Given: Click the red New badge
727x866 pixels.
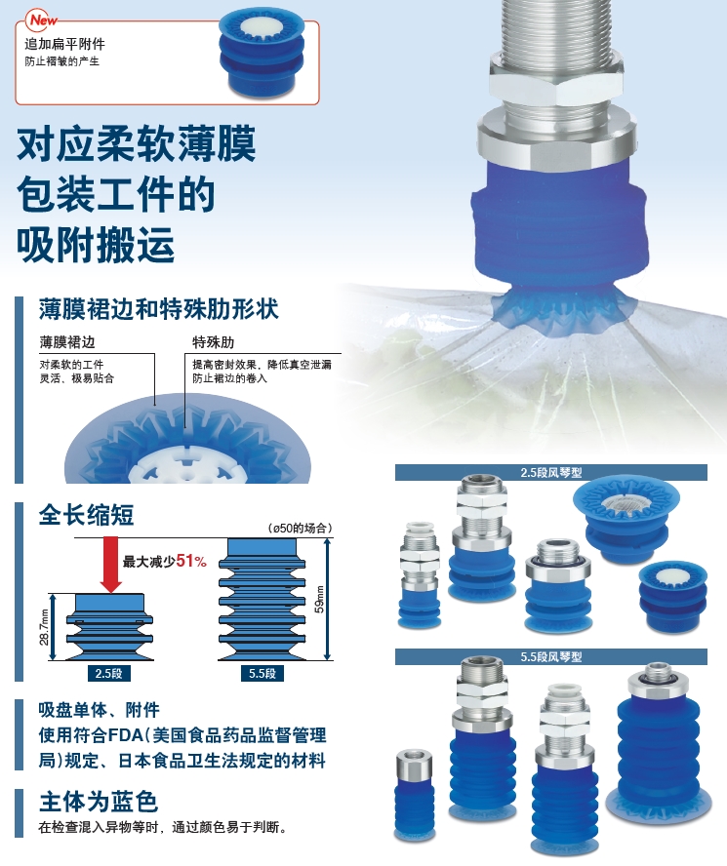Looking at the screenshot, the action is (43, 20).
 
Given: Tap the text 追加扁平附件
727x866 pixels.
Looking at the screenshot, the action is (64, 44).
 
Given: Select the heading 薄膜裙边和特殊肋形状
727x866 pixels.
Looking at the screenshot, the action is (159, 309).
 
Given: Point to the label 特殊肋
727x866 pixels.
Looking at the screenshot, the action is (213, 342).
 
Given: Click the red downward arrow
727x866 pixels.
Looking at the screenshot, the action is (111, 565).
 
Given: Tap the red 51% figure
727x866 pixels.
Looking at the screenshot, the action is (191, 561).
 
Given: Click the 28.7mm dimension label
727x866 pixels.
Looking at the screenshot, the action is (44, 627).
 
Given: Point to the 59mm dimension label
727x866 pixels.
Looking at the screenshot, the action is (319, 599).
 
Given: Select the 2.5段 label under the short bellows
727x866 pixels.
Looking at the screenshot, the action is (109, 673).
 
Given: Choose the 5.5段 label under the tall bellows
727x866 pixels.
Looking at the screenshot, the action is (263, 673).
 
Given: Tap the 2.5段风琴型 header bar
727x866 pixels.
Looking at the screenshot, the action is (551, 473).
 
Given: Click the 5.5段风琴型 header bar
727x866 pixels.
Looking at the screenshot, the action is (551, 656).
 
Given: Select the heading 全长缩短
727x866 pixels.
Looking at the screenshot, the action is (86, 515).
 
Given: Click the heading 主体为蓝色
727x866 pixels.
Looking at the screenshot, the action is (99, 802).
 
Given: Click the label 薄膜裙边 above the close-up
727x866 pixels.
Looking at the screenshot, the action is (67, 342).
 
